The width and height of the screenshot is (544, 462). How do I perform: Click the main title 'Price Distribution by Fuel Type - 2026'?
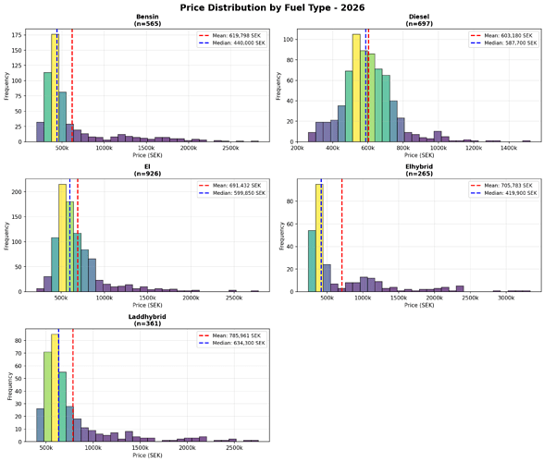pyautogui.click(x=272, y=7)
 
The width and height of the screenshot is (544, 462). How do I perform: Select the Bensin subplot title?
pyautogui.click(x=146, y=18)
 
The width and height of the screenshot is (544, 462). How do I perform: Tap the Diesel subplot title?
pyautogui.click(x=417, y=18)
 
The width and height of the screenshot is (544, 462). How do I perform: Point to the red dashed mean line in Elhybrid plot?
pyautogui.click(x=342, y=240)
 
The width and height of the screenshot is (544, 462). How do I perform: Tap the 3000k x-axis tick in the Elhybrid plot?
pyautogui.click(x=506, y=298)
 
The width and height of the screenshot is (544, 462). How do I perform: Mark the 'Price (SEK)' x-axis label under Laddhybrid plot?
pyautogui.click(x=146, y=456)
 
